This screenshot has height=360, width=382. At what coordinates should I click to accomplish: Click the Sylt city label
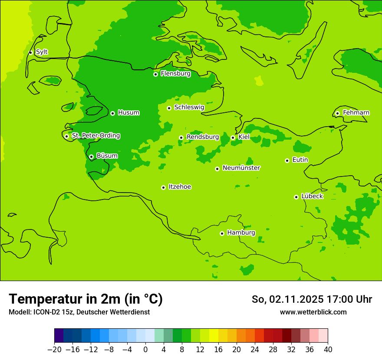pos(42,52)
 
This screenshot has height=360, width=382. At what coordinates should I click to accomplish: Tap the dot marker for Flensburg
pos(155,74)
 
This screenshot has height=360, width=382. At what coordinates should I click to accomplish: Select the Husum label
pos(128,113)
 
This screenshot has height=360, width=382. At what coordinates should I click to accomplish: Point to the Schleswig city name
pos(189,107)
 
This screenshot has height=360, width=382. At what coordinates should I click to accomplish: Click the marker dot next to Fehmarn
pos(337,113)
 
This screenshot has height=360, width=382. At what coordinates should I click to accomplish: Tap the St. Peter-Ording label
pos(95,136)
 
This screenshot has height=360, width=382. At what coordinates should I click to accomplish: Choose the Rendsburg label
pos(202,137)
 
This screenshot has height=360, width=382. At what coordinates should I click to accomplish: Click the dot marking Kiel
pos(233,137)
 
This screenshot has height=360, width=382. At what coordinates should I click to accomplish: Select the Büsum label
pos(107,156)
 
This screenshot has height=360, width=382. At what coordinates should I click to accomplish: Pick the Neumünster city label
pos(241,168)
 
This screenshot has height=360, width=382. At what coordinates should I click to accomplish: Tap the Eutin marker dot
pos(287,160)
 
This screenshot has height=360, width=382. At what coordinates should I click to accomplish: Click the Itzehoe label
pos(180,187)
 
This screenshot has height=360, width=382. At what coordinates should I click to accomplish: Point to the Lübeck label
pos(312,196)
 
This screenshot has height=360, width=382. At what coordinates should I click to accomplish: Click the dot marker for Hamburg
pos(222,233)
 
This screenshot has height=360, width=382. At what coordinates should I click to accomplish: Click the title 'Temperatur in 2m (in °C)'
pos(86,299)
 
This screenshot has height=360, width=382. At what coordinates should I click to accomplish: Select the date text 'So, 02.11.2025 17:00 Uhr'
pos(312,299)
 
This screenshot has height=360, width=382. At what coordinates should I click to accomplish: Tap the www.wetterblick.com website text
pos(313,312)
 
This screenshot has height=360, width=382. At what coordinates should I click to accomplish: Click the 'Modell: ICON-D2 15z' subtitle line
pos(79,312)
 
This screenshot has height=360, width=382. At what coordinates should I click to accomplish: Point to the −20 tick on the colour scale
pos(54,350)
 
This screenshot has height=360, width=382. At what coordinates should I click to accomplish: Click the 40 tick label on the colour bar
pos(328,350)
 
